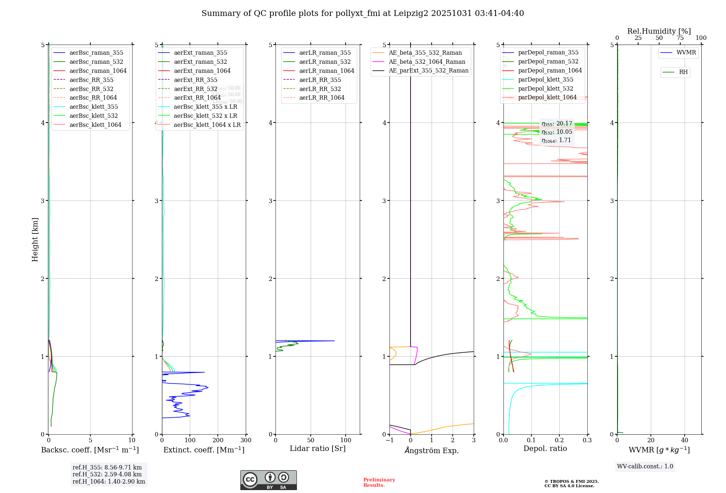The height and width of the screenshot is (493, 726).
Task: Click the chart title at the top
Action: tap(363, 13)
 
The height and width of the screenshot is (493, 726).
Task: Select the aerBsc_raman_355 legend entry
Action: tap(96, 53)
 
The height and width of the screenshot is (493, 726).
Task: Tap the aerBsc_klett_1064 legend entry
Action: tap(95, 125)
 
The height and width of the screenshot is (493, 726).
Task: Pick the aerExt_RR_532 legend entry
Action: tap(195, 89)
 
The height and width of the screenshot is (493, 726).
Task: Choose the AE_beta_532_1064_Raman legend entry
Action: tap(427, 62)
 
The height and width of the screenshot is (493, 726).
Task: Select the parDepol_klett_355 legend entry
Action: tap(546, 79)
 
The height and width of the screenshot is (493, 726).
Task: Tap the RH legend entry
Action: tap(683, 72)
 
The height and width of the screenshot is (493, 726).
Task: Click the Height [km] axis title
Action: tap(35, 239)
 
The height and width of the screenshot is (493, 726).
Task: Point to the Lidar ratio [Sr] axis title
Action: tap(318, 448)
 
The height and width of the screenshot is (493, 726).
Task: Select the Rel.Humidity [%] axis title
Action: tap(659, 31)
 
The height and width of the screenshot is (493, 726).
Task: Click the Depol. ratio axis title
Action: tap(545, 448)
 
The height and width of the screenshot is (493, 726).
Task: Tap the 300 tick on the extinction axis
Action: tap(246, 440)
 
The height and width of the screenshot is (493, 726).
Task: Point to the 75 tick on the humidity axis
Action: tap(680, 38)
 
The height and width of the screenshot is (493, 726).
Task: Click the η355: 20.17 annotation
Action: tap(556, 124)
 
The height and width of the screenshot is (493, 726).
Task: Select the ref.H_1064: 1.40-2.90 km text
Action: tap(109, 481)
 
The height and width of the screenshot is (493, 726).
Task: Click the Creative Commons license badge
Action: tap(268, 480)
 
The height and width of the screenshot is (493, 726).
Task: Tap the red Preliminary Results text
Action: tap(379, 482)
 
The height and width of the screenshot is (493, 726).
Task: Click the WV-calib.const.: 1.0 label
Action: tap(645, 467)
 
